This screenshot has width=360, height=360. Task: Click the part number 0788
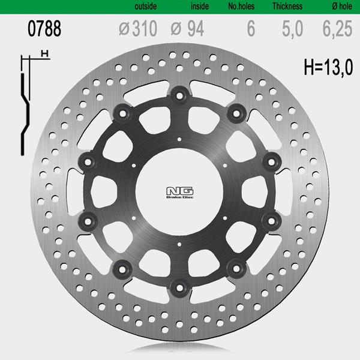coord(44,28)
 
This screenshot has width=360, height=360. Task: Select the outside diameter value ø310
coord(138,28)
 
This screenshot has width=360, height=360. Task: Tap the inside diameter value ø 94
coord(187,29)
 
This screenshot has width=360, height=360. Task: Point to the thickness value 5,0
coord(293,29)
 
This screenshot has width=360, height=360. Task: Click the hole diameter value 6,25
coord(337,29)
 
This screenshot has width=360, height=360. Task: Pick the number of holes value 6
coord(251,28)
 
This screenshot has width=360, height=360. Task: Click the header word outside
coord(146,6)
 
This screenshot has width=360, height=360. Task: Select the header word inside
coord(200,6)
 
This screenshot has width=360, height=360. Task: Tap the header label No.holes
coord(241,6)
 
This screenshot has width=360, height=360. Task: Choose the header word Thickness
coord(287,6)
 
